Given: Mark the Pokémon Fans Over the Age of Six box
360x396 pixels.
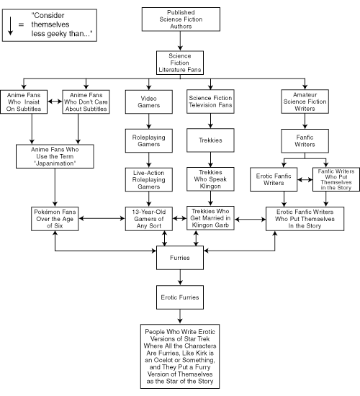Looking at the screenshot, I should pos(55,217).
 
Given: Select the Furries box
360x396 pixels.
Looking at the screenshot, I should pos(179,255).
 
